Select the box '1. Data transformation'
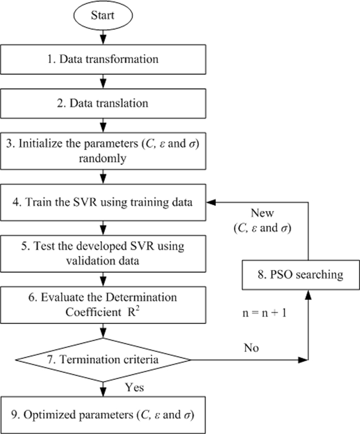[x=104, y=59]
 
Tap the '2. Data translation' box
[x=104, y=103]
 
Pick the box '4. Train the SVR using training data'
[x=104, y=202]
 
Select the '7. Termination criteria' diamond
[x=104, y=359]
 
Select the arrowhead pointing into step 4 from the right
[x=211, y=202]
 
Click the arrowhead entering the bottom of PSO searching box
[x=308, y=293]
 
